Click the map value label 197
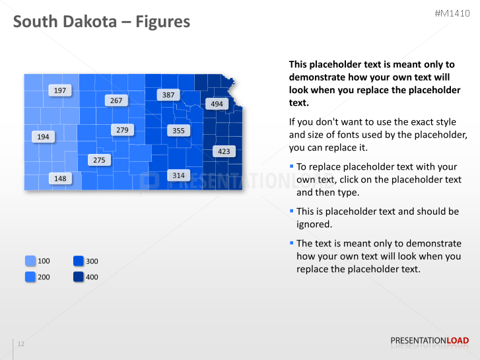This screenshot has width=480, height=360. click(x=60, y=90)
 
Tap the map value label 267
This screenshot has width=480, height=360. click(x=116, y=100)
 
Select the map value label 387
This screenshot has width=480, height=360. click(x=168, y=95)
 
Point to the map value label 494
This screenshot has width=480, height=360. click(x=217, y=104)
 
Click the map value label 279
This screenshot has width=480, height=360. click(x=122, y=130)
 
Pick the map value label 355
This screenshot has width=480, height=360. click(x=178, y=131)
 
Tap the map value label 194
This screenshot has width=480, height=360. click(x=43, y=137)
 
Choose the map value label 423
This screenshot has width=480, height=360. click(x=224, y=151)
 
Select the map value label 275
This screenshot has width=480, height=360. click(x=99, y=160)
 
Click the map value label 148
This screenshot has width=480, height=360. click(x=60, y=178)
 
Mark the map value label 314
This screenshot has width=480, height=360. click(x=178, y=175)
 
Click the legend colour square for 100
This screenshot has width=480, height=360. click(x=30, y=261)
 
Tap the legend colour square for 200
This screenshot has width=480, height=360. click(x=30, y=277)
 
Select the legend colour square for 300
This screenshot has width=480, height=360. click(x=79, y=261)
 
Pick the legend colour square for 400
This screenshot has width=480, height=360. click(x=79, y=277)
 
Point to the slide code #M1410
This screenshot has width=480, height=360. click(x=452, y=13)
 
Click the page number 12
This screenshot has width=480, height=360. click(x=21, y=344)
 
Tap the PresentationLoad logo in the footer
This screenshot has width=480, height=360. click(x=430, y=341)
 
